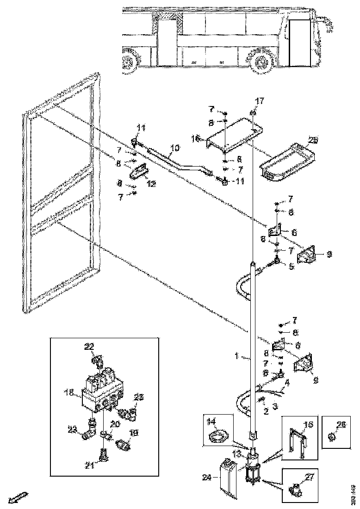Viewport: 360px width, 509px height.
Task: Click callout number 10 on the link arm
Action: click(x=174, y=148)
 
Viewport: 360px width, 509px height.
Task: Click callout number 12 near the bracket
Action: click(x=151, y=184)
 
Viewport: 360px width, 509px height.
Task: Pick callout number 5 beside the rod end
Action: click(x=292, y=267)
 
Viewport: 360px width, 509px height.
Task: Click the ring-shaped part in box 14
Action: click(x=218, y=435)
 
